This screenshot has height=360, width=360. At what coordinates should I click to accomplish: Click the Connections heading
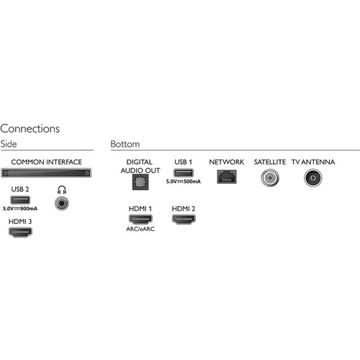pyautogui.click(x=30, y=129)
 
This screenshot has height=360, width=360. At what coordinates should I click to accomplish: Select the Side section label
pyautogui.click(x=9, y=144)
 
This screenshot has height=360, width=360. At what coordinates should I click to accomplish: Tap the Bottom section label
pyautogui.click(x=125, y=144)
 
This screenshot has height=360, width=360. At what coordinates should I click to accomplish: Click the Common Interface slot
pyautogui.click(x=46, y=173)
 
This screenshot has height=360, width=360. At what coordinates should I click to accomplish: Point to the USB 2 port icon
pyautogui.click(x=20, y=200)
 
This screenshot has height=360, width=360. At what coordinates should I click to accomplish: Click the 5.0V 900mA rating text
pyautogui.click(x=20, y=209)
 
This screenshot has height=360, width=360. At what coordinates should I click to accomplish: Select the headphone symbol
pyautogui.click(x=62, y=190)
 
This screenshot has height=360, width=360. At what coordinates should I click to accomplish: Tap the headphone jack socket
pyautogui.click(x=62, y=204)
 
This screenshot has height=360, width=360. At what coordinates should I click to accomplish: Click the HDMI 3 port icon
pyautogui.click(x=20, y=232)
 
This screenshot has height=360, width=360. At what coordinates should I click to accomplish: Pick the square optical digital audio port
pyautogui.click(x=140, y=182)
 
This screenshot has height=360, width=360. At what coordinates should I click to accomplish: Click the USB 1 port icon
pyautogui.click(x=184, y=173)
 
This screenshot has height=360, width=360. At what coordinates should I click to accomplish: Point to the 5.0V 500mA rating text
pyautogui.click(x=184, y=181)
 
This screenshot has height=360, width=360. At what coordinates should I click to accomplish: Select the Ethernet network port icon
pyautogui.click(x=227, y=177)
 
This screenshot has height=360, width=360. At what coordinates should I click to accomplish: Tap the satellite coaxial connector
pyautogui.click(x=270, y=178)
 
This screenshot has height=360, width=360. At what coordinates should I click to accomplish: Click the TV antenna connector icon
pyautogui.click(x=313, y=178)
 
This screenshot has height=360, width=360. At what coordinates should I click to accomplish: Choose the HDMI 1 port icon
pyautogui.click(x=140, y=220)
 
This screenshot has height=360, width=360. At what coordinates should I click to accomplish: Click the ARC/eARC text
pyautogui.click(x=140, y=229)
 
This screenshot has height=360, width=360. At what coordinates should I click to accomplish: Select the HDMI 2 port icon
pyautogui.click(x=184, y=220)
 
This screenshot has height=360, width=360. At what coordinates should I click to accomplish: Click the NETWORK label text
pyautogui.click(x=227, y=162)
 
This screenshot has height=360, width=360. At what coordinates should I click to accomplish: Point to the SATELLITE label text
pyautogui.click(x=270, y=162)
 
